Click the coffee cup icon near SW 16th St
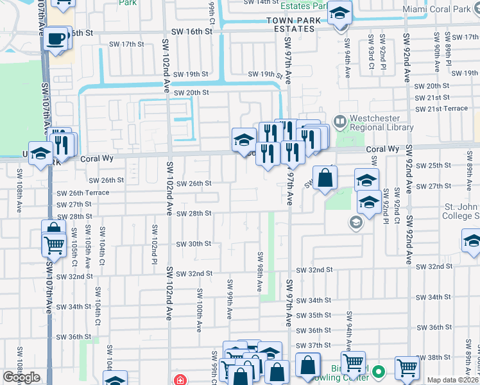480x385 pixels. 58,37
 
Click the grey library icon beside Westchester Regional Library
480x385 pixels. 339,119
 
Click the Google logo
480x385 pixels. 21,377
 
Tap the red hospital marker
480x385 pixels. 180,379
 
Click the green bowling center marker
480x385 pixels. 379,371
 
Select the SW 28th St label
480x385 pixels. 194,214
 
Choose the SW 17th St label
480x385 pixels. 126,44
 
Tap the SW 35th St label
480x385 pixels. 314,315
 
